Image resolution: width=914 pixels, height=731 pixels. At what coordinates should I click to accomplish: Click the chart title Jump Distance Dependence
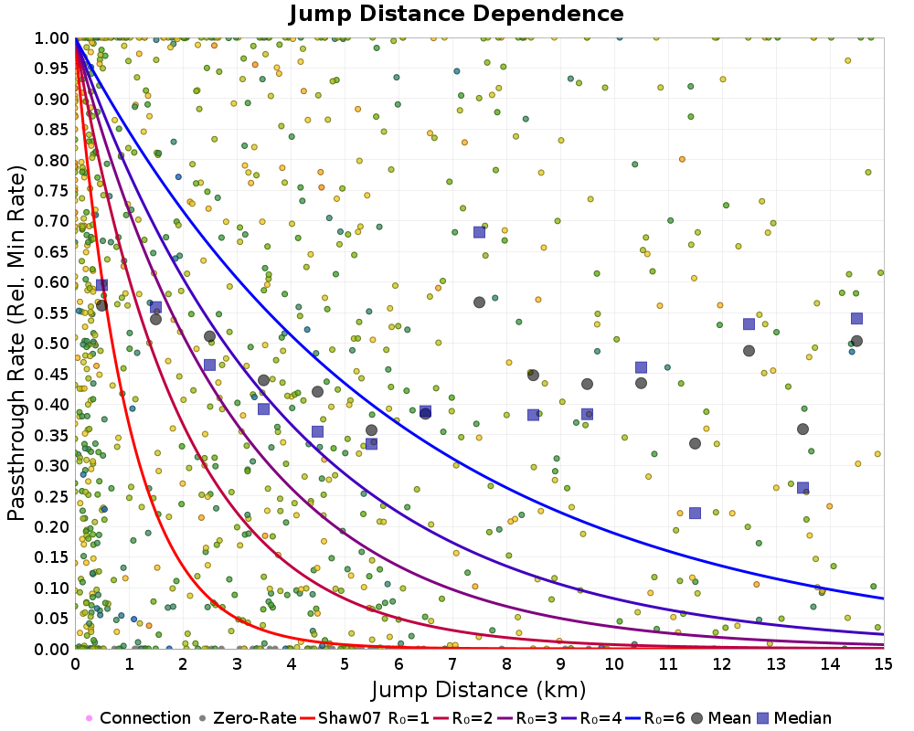(x=456, y=15)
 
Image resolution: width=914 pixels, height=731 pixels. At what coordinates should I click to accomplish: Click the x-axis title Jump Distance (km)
(x=478, y=688)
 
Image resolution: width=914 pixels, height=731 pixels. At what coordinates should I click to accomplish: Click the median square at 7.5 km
(x=479, y=232)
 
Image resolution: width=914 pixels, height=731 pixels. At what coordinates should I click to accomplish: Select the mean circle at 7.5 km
(x=479, y=302)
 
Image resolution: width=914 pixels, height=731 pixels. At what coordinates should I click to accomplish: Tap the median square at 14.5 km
(x=856, y=318)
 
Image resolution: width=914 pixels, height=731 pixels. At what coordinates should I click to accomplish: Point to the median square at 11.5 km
(x=695, y=514)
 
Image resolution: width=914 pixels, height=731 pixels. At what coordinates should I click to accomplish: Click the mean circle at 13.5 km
(x=802, y=429)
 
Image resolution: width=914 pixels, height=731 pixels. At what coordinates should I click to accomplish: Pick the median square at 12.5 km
(x=749, y=323)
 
